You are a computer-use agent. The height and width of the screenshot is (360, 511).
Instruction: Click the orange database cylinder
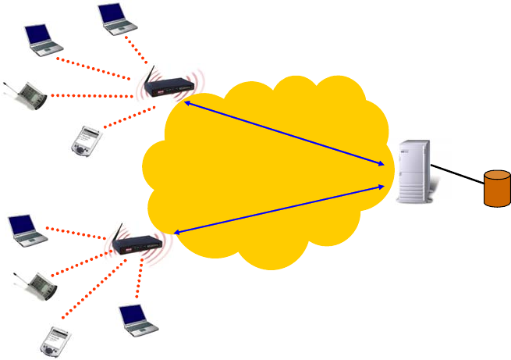pyautogui.click(x=497, y=190)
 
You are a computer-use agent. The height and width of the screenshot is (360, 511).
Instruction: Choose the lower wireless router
pyautogui.click(x=136, y=244)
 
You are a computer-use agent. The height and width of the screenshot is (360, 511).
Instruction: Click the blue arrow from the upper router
pyautogui.click(x=285, y=133)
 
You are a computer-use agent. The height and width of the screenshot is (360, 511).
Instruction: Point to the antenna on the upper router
pyautogui.click(x=149, y=75)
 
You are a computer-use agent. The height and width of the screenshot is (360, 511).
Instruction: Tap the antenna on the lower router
pyautogui.click(x=117, y=232)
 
